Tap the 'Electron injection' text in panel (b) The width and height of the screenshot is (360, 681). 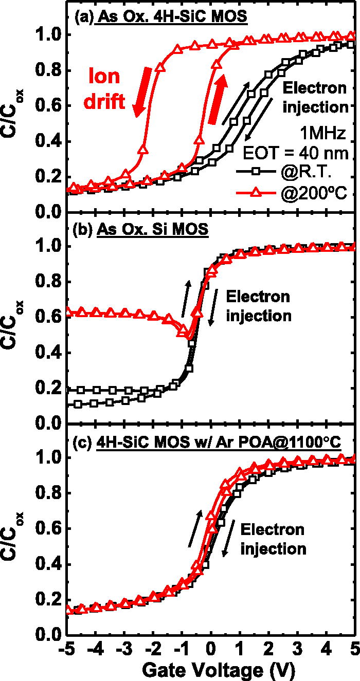pyautogui.click(x=258, y=305)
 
